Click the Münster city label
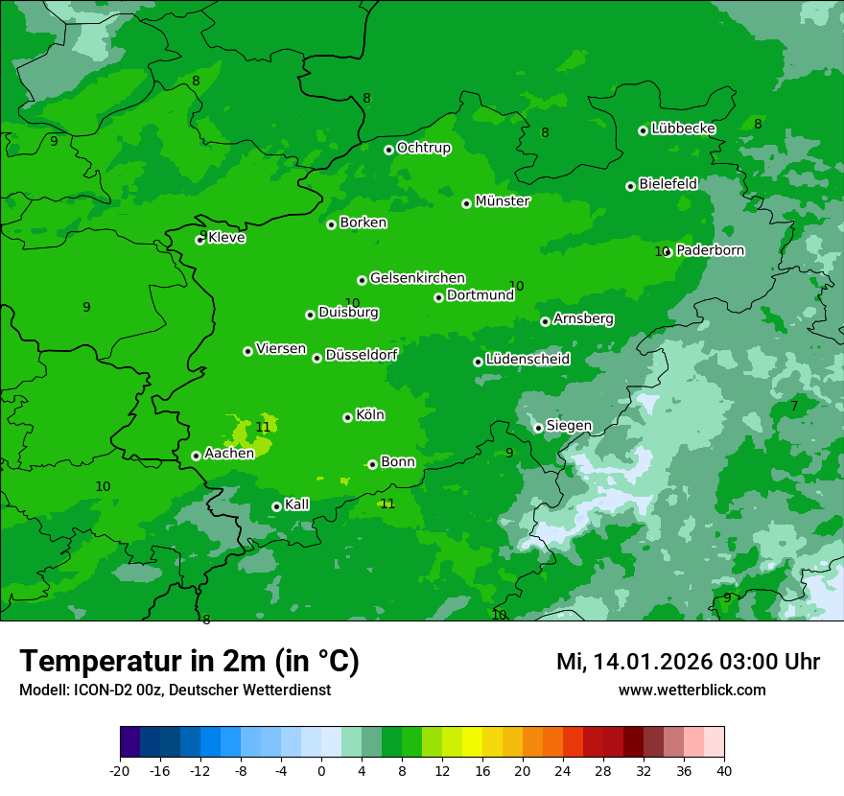503,201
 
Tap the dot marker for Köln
347,417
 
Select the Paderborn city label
710,250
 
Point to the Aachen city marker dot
196,456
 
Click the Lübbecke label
683,129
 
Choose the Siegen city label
569,426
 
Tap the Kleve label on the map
226,238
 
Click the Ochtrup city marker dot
388,150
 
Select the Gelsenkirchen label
417,278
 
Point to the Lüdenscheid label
527,360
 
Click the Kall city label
297,504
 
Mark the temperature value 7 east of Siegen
794,406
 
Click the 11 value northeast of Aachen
263,427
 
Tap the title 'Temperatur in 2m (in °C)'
189,661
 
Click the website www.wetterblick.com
692,690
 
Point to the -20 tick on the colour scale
120,770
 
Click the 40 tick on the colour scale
724,770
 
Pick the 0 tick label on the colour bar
321,770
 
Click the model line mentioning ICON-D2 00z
175,690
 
